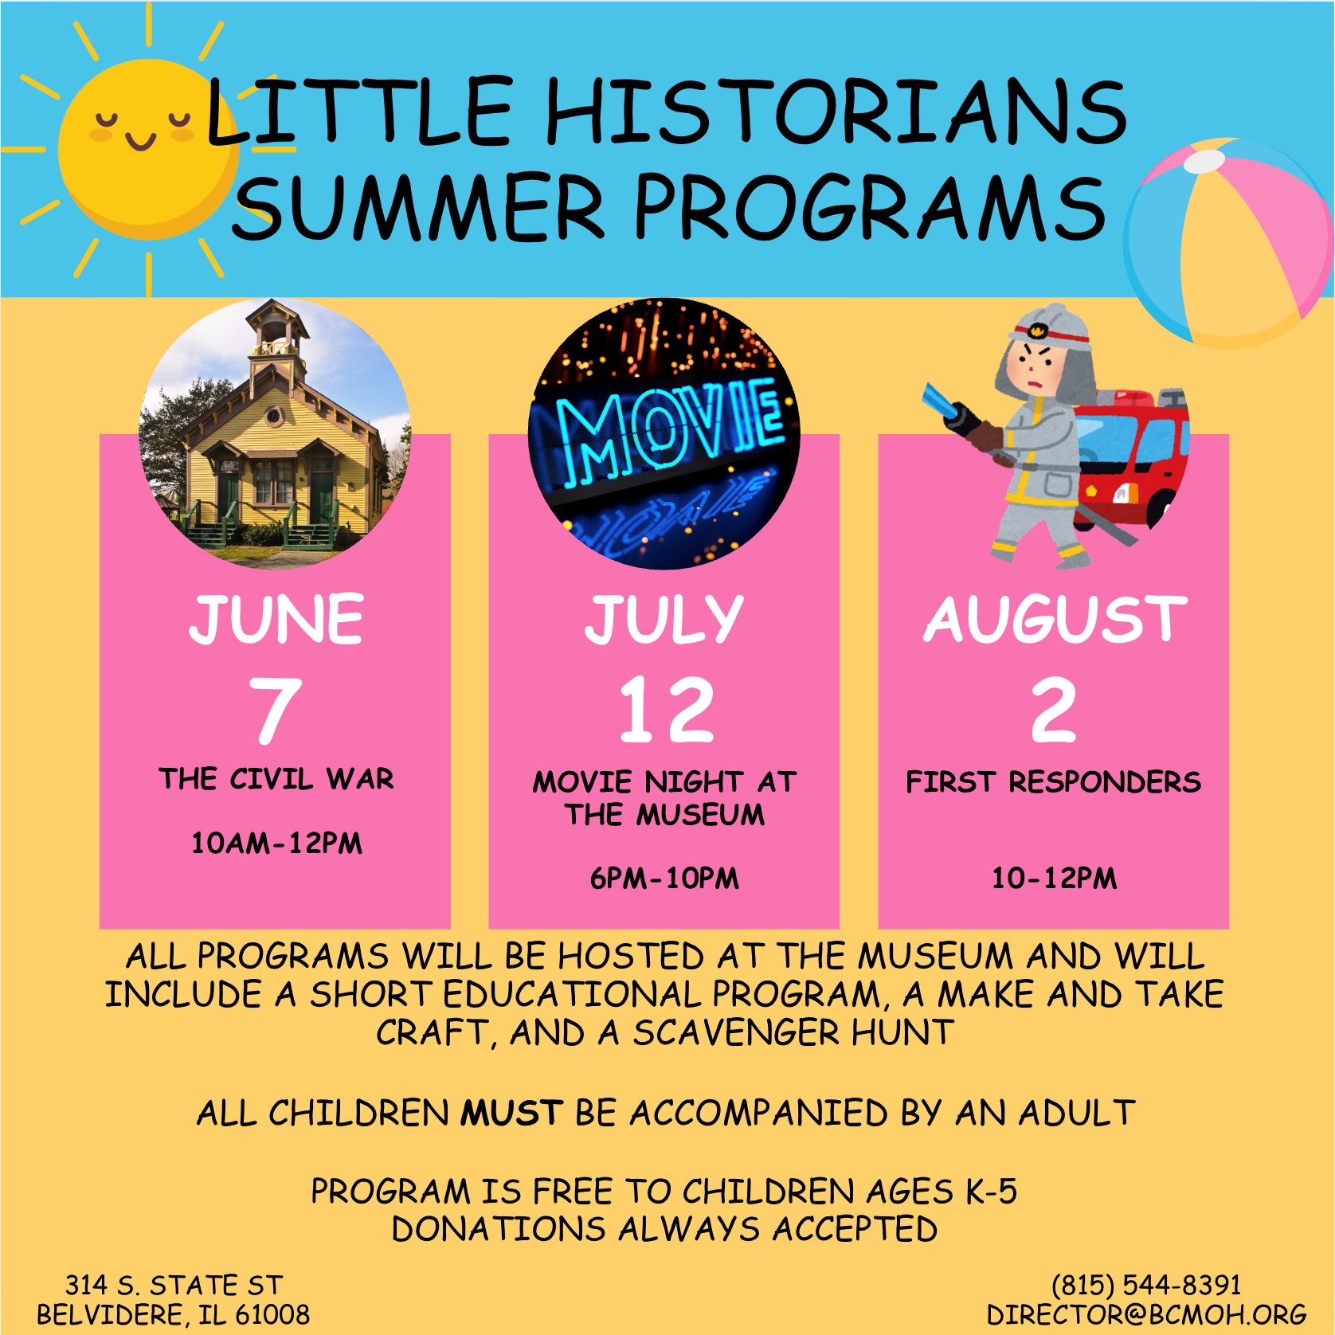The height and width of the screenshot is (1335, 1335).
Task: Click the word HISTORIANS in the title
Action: (x=837, y=111)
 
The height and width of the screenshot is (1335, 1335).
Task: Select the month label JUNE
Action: (x=276, y=619)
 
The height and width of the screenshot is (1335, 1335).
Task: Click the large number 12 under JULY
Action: (x=667, y=709)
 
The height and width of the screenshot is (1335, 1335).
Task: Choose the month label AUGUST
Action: (x=1055, y=619)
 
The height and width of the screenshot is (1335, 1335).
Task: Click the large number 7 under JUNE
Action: (x=276, y=709)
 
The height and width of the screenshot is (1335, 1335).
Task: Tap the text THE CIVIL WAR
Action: (x=276, y=778)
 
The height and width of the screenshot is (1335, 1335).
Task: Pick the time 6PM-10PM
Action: (x=664, y=878)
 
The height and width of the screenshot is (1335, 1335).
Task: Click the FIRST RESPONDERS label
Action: (x=1054, y=781)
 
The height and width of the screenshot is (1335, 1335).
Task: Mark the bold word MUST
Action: (x=512, y=1113)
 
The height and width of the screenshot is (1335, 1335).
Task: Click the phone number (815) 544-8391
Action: (x=1146, y=1285)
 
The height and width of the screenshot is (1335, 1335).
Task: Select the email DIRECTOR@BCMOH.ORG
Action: (x=1146, y=1314)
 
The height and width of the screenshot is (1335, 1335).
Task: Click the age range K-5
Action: (x=992, y=1191)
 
